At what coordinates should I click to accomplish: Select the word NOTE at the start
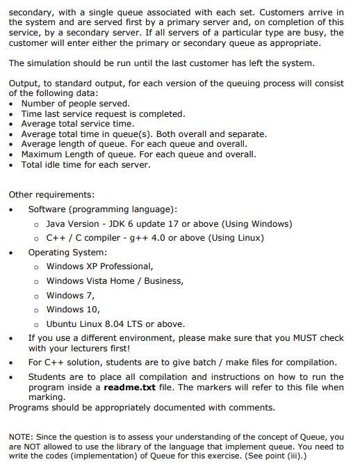(21, 437)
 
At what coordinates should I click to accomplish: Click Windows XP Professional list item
(99, 266)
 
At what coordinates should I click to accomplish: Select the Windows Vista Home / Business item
(115, 280)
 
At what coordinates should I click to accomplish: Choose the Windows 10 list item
(72, 309)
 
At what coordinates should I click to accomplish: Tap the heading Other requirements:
(51, 194)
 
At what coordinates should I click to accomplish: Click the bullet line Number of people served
(75, 104)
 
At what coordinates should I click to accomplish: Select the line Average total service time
(77, 124)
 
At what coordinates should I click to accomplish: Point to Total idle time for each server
(85, 165)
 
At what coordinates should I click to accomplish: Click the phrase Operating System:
(67, 252)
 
